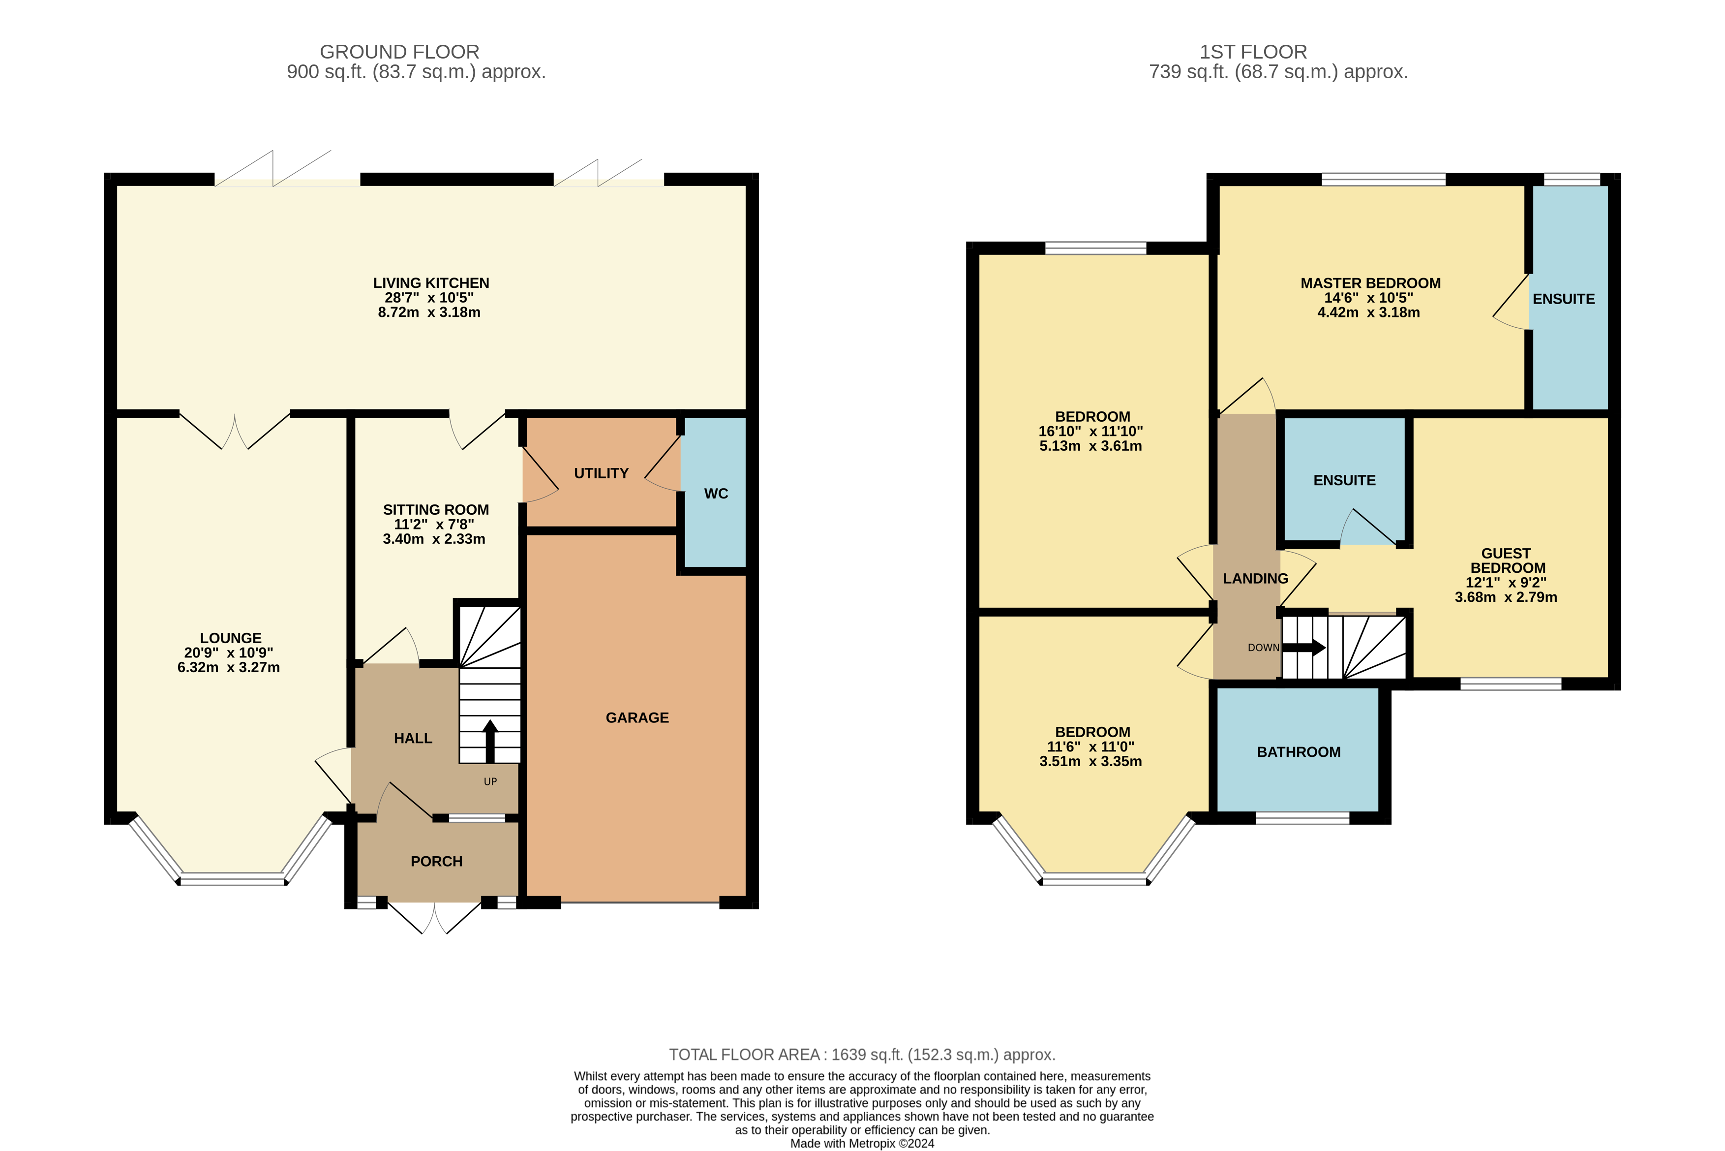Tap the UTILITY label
click(601, 473)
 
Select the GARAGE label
click(637, 718)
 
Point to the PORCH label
click(437, 862)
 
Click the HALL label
click(413, 739)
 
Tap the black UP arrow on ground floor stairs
click(490, 742)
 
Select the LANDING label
click(1255, 578)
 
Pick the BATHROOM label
click(1299, 752)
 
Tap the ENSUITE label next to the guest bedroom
click(1344, 481)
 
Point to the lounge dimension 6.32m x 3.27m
click(229, 668)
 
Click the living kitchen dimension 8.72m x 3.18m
click(429, 312)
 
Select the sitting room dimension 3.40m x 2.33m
click(434, 539)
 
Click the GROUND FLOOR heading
click(400, 52)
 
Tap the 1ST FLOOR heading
click(1253, 52)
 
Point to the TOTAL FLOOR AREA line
click(862, 1055)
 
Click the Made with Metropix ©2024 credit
click(862, 1144)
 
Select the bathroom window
click(1302, 818)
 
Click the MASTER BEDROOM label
click(1371, 283)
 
